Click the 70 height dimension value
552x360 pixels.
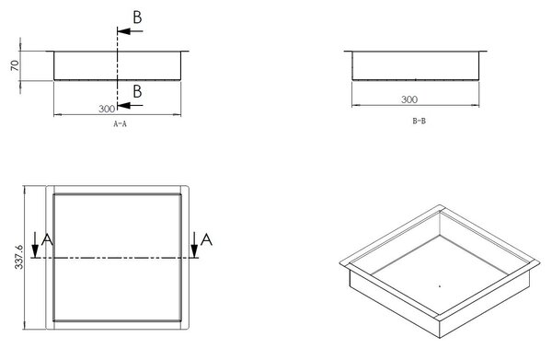click(15, 65)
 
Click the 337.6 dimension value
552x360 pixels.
click(18, 257)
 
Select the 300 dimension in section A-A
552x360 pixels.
click(107, 109)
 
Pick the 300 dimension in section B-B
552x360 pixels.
click(409, 99)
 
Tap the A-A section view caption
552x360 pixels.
click(120, 123)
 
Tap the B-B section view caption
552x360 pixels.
click(419, 121)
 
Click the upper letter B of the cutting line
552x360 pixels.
click(137, 17)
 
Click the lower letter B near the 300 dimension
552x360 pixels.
click(137, 91)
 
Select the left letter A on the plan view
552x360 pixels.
click(47, 239)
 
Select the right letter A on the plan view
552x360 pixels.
click(206, 239)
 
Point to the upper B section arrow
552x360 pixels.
click(130, 31)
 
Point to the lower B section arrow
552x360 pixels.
click(130, 105)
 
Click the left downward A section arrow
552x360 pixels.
click(35, 245)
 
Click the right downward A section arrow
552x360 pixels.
click(194, 245)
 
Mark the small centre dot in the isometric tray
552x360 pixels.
click(440, 286)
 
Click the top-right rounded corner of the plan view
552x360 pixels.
click(188, 187)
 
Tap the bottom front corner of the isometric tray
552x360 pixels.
click(440, 338)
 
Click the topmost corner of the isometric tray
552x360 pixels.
click(440, 205)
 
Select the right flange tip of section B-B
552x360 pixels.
click(487, 51)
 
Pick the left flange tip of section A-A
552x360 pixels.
click(47, 51)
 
